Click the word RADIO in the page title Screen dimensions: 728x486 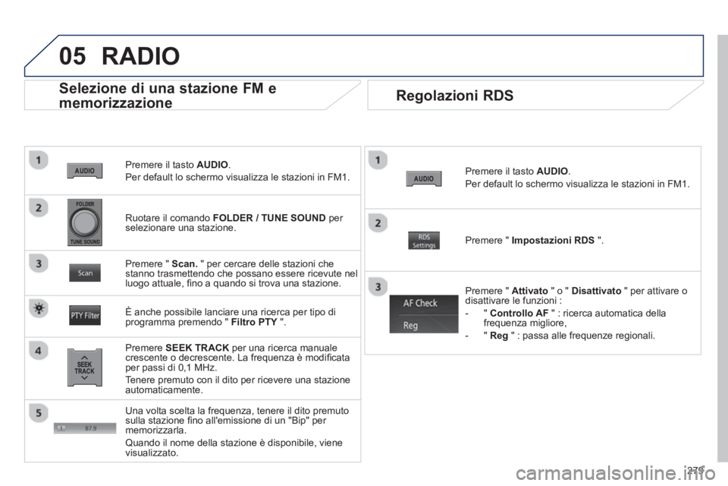(141, 56)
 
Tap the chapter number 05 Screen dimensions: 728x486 (73, 56)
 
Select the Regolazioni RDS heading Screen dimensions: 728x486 (454, 96)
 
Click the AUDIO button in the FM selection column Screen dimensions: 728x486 (84, 171)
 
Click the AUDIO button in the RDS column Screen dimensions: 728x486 (424, 178)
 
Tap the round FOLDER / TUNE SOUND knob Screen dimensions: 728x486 (84, 222)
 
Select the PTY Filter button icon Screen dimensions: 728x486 (85, 315)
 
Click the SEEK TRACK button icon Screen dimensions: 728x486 (84, 368)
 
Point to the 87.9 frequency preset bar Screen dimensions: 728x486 (85, 428)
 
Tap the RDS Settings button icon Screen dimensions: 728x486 (424, 241)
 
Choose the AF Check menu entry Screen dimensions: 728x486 (424, 304)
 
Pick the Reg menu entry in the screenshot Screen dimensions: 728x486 (424, 324)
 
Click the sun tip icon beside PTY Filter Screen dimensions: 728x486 (39, 308)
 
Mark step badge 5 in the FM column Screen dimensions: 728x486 (39, 412)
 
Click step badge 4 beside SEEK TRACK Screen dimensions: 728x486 (39, 350)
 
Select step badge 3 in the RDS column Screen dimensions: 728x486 (378, 286)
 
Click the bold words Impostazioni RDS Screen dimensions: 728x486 (553, 241)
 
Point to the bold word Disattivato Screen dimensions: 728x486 (596, 291)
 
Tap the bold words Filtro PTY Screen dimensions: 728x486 (254, 322)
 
